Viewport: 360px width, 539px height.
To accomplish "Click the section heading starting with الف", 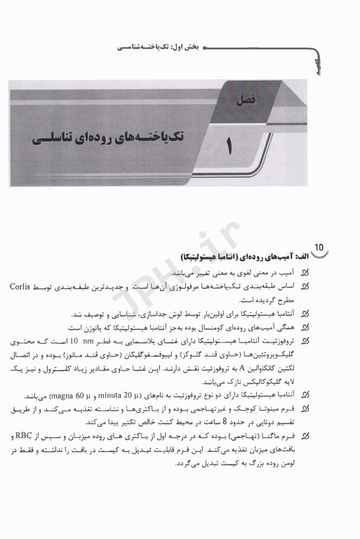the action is coord(239,258).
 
